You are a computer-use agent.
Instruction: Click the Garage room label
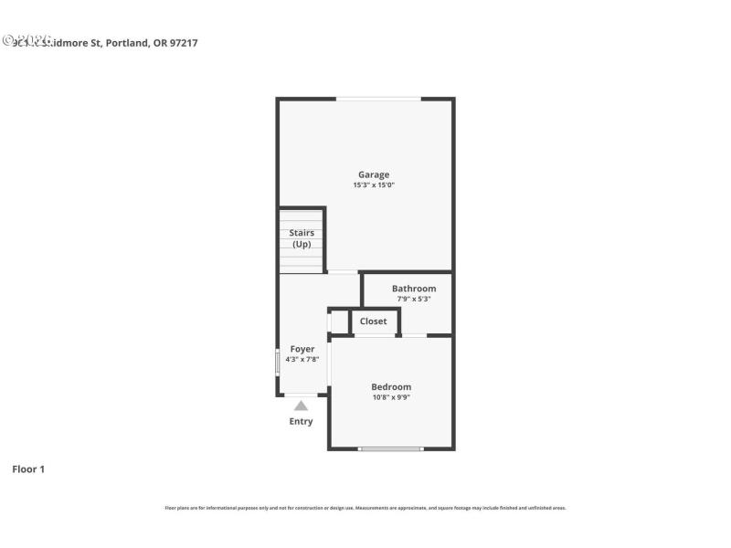click(373, 174)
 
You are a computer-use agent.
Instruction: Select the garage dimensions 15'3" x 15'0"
click(373, 185)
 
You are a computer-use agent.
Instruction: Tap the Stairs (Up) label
click(302, 238)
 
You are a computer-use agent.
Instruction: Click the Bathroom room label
click(414, 289)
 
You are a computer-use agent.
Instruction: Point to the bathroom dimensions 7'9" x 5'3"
click(414, 299)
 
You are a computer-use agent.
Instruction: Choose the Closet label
click(373, 321)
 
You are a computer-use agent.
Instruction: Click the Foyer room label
click(302, 349)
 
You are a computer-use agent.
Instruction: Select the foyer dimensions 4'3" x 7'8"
click(302, 360)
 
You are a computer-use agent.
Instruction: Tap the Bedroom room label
click(391, 386)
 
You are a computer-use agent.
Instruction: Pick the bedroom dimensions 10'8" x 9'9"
click(391, 397)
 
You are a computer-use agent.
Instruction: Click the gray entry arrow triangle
click(301, 406)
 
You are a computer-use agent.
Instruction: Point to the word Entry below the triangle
click(301, 422)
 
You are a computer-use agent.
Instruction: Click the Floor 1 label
click(28, 469)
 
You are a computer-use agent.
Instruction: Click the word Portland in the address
click(126, 42)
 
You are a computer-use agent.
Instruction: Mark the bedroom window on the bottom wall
click(391, 448)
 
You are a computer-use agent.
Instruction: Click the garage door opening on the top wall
click(378, 99)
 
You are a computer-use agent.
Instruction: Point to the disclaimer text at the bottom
click(365, 508)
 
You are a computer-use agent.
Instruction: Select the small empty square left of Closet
click(339, 322)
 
